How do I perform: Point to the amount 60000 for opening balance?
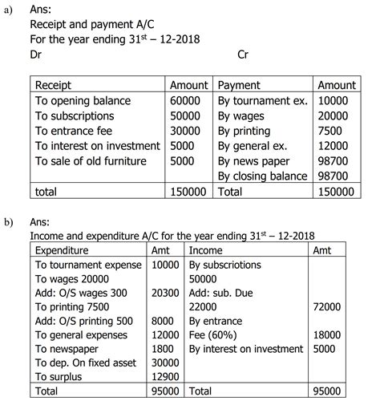pyautogui.click(x=185, y=100)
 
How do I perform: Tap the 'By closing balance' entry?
pyautogui.click(x=263, y=176)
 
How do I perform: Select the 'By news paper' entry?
pyautogui.click(x=254, y=161)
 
